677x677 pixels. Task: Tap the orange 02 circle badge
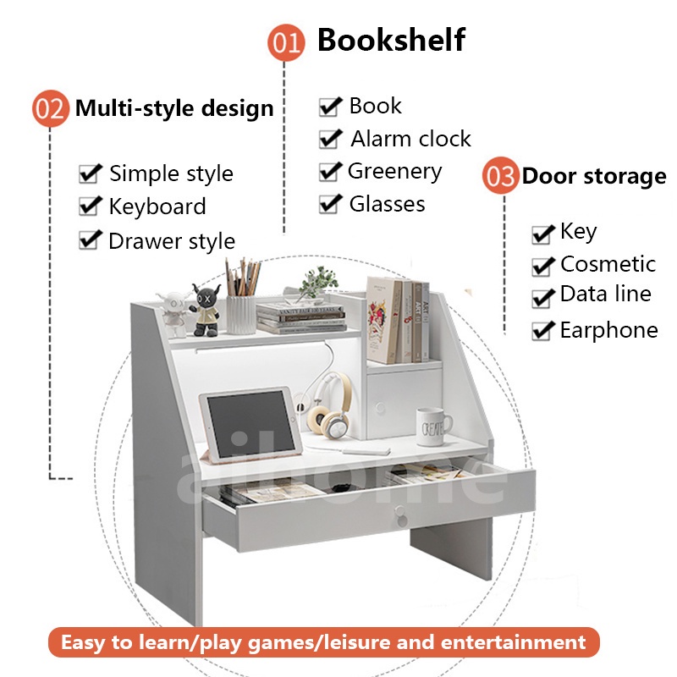point(50,109)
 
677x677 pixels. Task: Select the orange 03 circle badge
point(500,177)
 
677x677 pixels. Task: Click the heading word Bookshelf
point(391,40)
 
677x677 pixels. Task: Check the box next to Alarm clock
point(329,138)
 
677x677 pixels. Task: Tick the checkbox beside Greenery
point(329,171)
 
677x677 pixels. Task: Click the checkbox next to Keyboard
point(90,206)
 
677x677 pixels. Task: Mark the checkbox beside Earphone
point(542,331)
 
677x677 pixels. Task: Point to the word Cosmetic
point(608,264)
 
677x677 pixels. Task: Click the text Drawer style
point(171,241)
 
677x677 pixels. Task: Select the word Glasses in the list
point(387,204)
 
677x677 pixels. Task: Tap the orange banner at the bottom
point(323,642)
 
